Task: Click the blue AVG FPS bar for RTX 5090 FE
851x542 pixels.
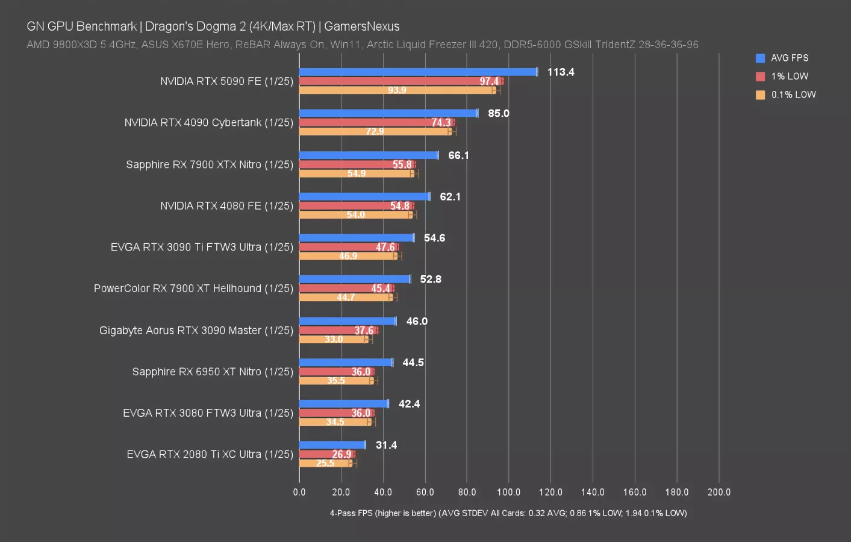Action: pyautogui.click(x=418, y=72)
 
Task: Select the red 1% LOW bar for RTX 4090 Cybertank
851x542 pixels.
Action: pyautogui.click(x=376, y=122)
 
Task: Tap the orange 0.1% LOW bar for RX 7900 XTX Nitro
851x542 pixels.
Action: pyautogui.click(x=357, y=173)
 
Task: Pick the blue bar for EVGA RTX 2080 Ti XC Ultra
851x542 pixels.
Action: pyautogui.click(x=332, y=445)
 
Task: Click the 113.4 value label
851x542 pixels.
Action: pyautogui.click(x=561, y=72)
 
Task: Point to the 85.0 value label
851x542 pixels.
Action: pyautogui.click(x=499, y=113)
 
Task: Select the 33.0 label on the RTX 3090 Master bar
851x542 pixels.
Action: pyautogui.click(x=334, y=339)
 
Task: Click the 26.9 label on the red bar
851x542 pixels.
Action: pyautogui.click(x=341, y=454)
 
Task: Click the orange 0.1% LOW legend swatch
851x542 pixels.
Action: pyautogui.click(x=761, y=95)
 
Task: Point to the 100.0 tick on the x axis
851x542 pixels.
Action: pyautogui.click(x=509, y=492)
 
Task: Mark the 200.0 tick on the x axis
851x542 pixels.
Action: pyautogui.click(x=719, y=492)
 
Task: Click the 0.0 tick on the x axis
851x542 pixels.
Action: pyautogui.click(x=299, y=492)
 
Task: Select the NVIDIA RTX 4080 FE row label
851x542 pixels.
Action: pyautogui.click(x=226, y=206)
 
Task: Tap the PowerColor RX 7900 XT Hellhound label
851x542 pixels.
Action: pyautogui.click(x=193, y=288)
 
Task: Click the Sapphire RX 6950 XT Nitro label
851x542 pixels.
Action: pyautogui.click(x=213, y=372)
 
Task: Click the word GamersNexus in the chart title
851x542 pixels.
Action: pyautogui.click(x=362, y=26)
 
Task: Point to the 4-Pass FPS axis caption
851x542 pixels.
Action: pyautogui.click(x=508, y=513)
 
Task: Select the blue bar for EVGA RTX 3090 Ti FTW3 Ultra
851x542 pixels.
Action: pyautogui.click(x=357, y=238)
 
